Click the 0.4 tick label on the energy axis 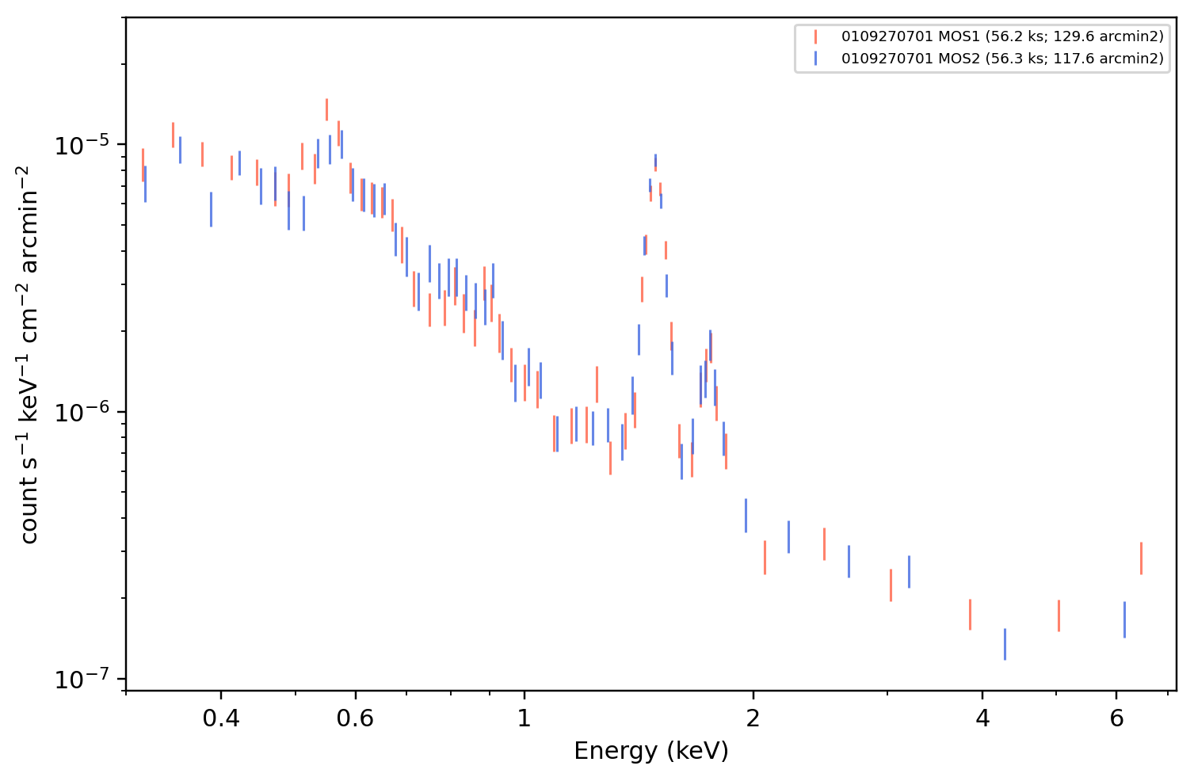[x=221, y=719]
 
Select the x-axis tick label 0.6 [x=355, y=719]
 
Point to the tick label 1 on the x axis [x=525, y=719]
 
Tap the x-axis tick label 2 [x=753, y=719]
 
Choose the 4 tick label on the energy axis [x=982, y=719]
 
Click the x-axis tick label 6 [x=1116, y=719]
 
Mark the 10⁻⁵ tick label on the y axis [x=82, y=145]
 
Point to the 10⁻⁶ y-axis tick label [x=82, y=413]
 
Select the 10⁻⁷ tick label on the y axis [x=82, y=680]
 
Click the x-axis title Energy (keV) [x=650, y=752]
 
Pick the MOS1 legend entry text [x=1002, y=36]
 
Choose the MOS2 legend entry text [x=1002, y=58]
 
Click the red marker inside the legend [x=815, y=36]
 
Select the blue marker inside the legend [x=815, y=59]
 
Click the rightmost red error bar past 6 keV [x=1141, y=558]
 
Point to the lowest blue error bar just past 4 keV [x=1005, y=644]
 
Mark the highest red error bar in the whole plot [x=326, y=110]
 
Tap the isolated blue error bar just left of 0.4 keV [x=211, y=209]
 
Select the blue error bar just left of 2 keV [x=746, y=516]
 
